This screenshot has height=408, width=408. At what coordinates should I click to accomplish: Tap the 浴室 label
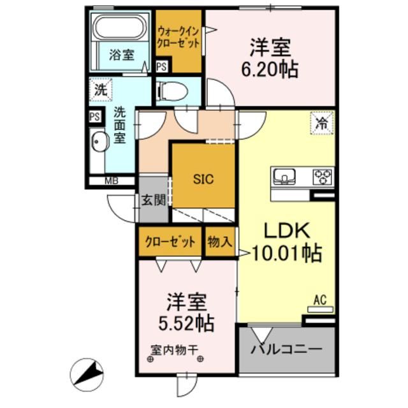click(x=120, y=54)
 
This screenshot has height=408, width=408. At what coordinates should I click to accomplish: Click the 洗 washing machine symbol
click(x=100, y=89)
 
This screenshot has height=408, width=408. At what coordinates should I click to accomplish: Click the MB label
click(x=110, y=180)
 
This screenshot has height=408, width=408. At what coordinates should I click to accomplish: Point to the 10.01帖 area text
click(x=286, y=253)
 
